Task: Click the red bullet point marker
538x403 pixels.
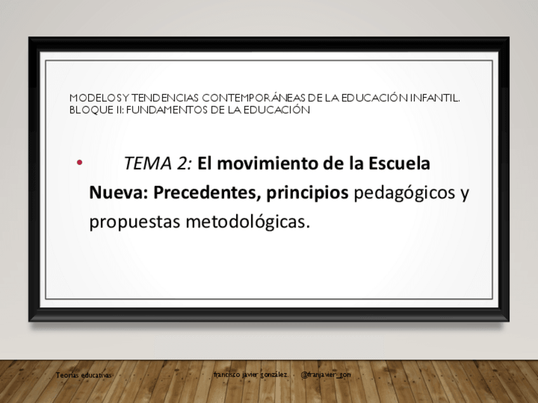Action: point(79,163)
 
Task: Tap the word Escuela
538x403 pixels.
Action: point(399,163)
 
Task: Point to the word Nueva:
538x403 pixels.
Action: point(119,193)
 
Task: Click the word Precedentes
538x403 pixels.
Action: point(205,193)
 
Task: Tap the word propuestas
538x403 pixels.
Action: point(135,222)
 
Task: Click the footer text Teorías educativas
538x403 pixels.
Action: point(84,375)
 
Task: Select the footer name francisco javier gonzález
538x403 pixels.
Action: point(251,374)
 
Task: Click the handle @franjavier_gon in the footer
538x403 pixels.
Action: point(325,374)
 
